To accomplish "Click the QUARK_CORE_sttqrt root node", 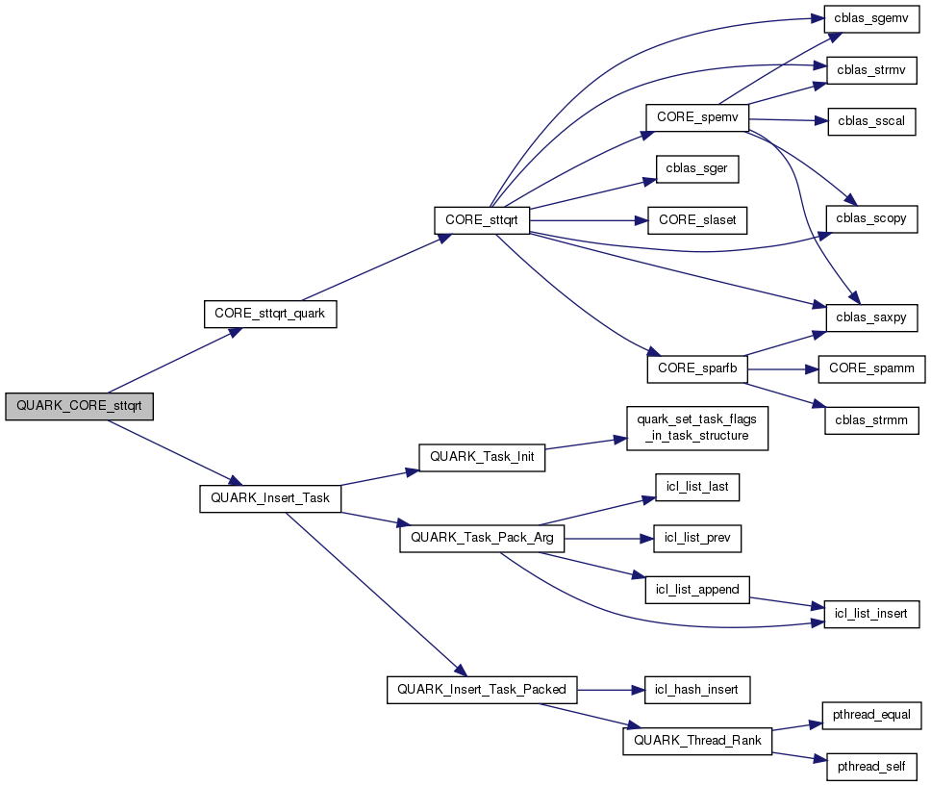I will (x=79, y=406).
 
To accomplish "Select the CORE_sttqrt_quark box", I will (x=270, y=315).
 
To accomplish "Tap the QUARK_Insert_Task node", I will (x=270, y=498).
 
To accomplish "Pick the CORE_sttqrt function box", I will (x=482, y=219).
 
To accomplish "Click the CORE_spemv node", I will (x=696, y=116).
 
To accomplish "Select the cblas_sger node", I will (x=697, y=167).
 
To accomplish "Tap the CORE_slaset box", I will (x=697, y=219).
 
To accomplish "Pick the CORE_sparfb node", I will (x=697, y=368).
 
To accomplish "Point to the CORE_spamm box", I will (x=871, y=368).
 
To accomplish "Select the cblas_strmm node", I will (x=871, y=420).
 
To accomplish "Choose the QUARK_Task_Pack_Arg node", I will (x=482, y=538).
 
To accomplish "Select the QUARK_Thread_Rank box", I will (x=697, y=741).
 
